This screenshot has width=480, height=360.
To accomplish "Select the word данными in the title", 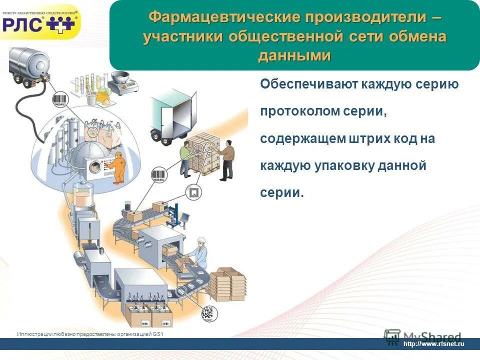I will pos(294,55).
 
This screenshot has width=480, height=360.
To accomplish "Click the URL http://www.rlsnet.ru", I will pos(433,343).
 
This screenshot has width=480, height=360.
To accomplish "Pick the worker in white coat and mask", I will pos(200,253).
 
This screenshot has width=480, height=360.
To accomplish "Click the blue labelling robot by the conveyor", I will pos(174,215).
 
